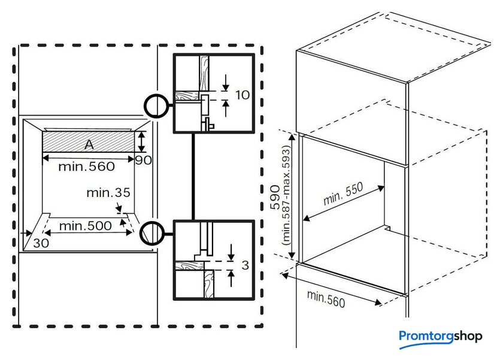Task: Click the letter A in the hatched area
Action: [88, 144]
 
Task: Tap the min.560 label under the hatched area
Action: [86, 167]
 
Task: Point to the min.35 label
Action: [108, 193]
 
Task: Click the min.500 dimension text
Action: [85, 226]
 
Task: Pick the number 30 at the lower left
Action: [40, 244]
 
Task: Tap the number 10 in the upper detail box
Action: [243, 95]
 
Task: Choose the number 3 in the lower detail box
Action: [244, 265]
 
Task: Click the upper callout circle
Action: [155, 106]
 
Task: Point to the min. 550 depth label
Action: [343, 193]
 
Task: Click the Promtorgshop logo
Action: [440, 337]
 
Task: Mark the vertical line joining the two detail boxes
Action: [193, 177]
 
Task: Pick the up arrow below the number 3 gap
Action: [231, 277]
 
